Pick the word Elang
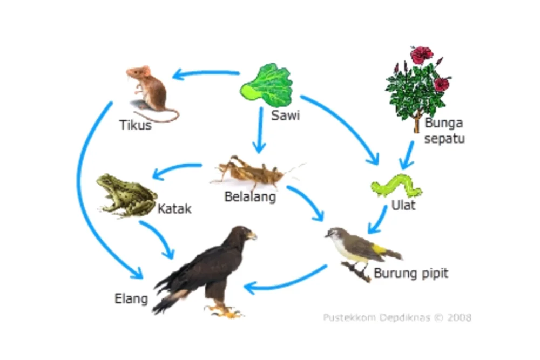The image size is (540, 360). (x=131, y=298)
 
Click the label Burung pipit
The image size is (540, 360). (x=411, y=273)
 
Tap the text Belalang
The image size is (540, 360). (x=250, y=196)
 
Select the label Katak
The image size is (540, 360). (x=174, y=209)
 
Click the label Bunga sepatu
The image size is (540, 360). (x=444, y=130)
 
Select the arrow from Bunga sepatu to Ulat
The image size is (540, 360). (x=408, y=153)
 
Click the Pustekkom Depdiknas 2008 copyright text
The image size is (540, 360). (x=397, y=317)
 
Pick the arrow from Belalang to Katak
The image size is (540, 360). (x=178, y=169)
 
